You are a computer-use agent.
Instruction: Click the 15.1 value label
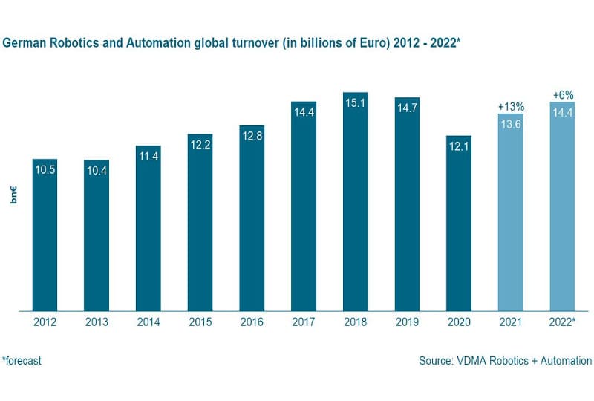356,103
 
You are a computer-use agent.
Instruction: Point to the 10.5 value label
45,169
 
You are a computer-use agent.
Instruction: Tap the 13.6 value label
510,124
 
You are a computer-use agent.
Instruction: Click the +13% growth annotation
510,107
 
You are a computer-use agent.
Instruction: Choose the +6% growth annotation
562,95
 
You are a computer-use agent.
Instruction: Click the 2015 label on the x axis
200,322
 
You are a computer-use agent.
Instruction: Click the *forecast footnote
22,361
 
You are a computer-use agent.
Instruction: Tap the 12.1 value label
458,147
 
